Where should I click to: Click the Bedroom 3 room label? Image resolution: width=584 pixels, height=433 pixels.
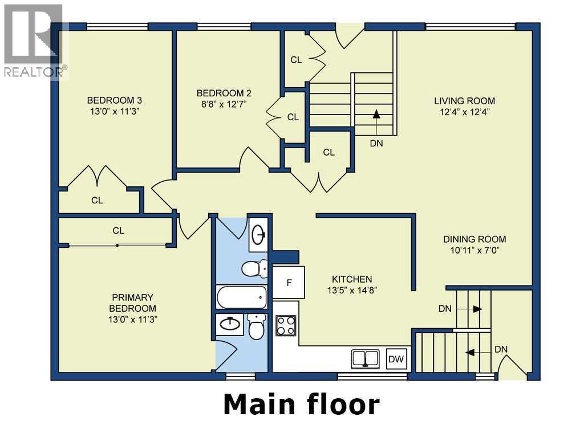point(114,100)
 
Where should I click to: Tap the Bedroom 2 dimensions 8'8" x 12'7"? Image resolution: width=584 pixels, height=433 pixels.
point(224,104)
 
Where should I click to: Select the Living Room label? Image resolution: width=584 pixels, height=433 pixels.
point(464,101)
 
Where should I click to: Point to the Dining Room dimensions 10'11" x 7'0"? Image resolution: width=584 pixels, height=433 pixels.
point(474,250)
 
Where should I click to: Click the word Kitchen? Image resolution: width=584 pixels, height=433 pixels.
point(352,279)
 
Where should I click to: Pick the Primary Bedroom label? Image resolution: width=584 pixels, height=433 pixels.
point(132,303)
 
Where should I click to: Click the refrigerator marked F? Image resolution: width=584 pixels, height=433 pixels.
point(289,283)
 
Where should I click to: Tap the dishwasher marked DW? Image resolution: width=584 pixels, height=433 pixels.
point(396,359)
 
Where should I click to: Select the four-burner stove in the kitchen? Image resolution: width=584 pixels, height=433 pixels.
point(286,325)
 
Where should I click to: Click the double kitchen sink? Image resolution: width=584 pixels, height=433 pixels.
point(366,358)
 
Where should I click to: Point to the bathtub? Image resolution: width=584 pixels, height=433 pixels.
point(241,297)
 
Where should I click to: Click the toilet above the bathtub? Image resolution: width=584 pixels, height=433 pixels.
point(254,268)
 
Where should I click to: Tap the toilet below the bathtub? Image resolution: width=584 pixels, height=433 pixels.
point(256,326)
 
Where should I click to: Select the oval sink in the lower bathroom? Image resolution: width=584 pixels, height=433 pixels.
point(230,324)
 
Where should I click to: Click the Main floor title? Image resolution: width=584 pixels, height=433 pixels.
point(301,405)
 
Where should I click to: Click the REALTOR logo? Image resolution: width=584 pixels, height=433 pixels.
point(34,41)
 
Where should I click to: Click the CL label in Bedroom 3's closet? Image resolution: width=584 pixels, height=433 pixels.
point(97,201)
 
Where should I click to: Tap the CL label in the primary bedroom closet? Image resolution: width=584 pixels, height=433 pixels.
point(119,231)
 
